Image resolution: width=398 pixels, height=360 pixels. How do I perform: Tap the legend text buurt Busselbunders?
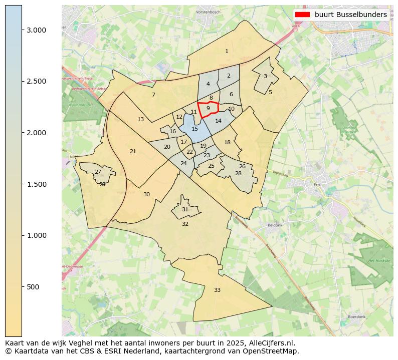pyautogui.click(x=350, y=15)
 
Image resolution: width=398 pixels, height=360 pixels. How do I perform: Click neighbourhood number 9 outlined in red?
pyautogui.click(x=208, y=108)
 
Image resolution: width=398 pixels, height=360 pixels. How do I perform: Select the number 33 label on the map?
pyautogui.click(x=217, y=290)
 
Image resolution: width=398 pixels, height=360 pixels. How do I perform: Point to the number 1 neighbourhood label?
pyautogui.click(x=227, y=51)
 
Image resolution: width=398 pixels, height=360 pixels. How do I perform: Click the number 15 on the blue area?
pyautogui.click(x=194, y=129)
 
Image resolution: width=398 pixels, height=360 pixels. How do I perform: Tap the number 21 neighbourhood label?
pyautogui.click(x=133, y=151)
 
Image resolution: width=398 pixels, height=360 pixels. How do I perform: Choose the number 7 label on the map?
pyautogui.click(x=153, y=95)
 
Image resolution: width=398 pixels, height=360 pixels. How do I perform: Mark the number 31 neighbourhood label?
pyautogui.click(x=185, y=209)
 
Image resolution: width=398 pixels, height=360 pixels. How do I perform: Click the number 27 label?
pyautogui.click(x=98, y=172)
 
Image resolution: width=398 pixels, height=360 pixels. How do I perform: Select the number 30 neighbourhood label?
pyautogui.click(x=146, y=194)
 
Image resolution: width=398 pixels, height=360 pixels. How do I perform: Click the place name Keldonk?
pyautogui.click(x=275, y=225)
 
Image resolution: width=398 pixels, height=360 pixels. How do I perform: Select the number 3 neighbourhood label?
pyautogui.click(x=265, y=76)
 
